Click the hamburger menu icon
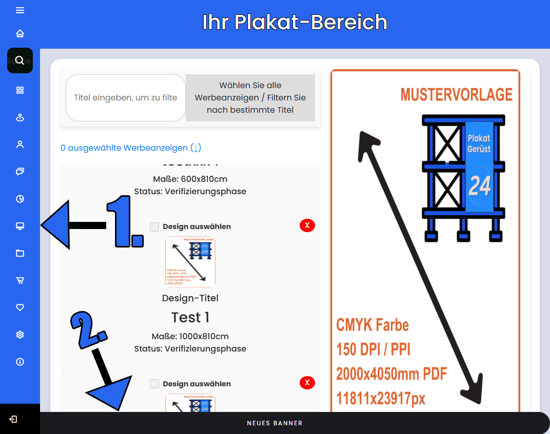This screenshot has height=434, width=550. pyautogui.click(x=20, y=10)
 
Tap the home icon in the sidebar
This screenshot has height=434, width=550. pyautogui.click(x=20, y=34)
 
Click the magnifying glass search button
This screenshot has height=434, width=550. pyautogui.click(x=20, y=60)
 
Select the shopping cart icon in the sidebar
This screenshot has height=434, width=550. pyautogui.click(x=20, y=280)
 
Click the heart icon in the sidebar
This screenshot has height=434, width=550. pyautogui.click(x=20, y=307)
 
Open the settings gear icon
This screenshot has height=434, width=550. pyautogui.click(x=20, y=335)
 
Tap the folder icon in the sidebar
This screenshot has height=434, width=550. pyautogui.click(x=20, y=253)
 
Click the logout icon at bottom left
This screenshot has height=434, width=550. pyautogui.click(x=13, y=419)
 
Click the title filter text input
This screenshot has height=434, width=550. pyautogui.click(x=126, y=98)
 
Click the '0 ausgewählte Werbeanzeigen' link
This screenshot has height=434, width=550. pyautogui.click(x=131, y=148)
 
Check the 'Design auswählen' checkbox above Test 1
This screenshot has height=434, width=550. pyautogui.click(x=154, y=226)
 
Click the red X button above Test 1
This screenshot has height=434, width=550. pyautogui.click(x=307, y=225)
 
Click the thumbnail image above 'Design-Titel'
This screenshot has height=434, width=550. pyautogui.click(x=190, y=262)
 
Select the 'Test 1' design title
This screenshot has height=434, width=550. pyautogui.click(x=190, y=318)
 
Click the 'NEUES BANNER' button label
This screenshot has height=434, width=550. pyautogui.click(x=274, y=423)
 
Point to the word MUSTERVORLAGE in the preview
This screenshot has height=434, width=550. pyautogui.click(x=456, y=95)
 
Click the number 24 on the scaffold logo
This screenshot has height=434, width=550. pyautogui.click(x=480, y=186)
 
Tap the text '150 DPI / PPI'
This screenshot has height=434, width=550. pyautogui.click(x=373, y=349)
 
